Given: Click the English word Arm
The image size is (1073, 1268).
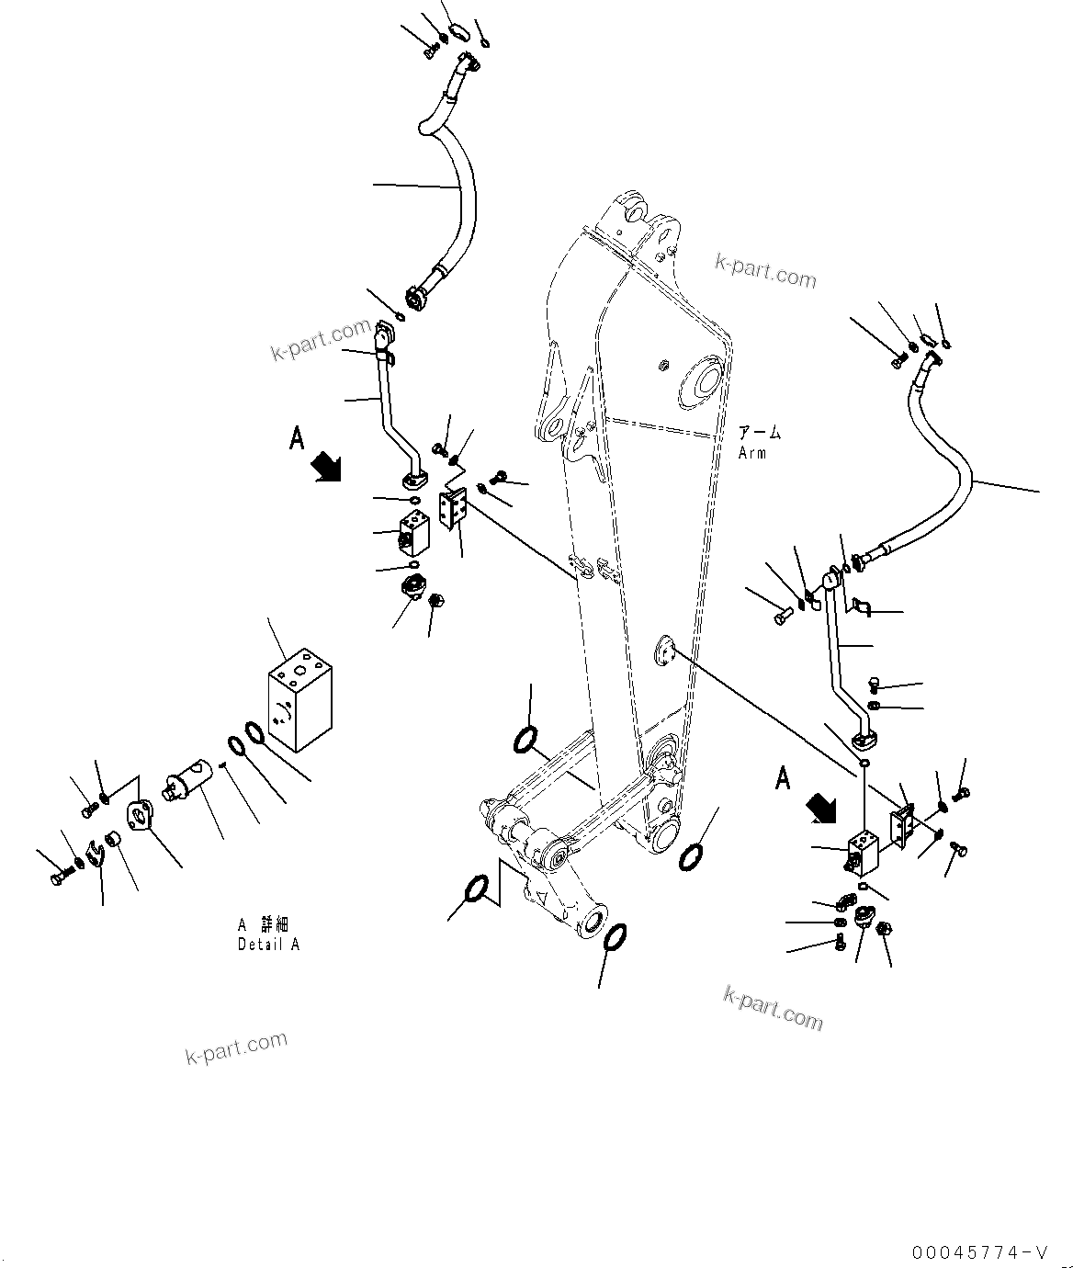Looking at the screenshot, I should pos(751,453).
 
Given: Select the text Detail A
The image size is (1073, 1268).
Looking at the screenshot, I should pos(268,945).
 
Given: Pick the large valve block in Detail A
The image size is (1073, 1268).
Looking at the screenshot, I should pos(299,696).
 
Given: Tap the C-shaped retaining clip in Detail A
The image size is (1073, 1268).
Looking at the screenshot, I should pos(94,855).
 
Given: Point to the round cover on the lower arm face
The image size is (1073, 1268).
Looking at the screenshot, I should pos(664,654).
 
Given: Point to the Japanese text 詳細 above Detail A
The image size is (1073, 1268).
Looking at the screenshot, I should pos(275,925).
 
